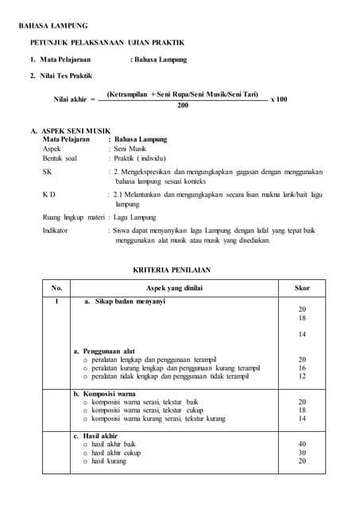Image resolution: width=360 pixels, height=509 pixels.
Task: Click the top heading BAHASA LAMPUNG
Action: tap(53, 26)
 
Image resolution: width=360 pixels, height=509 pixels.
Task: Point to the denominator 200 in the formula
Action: tap(183, 104)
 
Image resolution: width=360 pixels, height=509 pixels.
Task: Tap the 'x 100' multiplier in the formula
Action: tap(279, 99)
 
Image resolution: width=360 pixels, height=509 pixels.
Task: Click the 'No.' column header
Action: tap(56, 287)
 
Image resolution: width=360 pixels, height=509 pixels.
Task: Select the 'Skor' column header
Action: tap(302, 287)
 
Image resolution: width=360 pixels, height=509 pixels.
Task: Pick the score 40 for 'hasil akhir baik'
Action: tap(302, 444)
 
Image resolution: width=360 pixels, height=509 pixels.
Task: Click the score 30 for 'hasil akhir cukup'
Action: tap(302, 453)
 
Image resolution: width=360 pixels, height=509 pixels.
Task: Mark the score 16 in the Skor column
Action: tap(302, 368)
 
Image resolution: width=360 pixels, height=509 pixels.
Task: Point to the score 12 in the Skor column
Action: tap(302, 376)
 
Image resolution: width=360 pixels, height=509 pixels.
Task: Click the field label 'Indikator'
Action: tap(55, 230)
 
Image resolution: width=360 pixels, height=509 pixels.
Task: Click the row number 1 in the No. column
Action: tap(56, 302)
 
